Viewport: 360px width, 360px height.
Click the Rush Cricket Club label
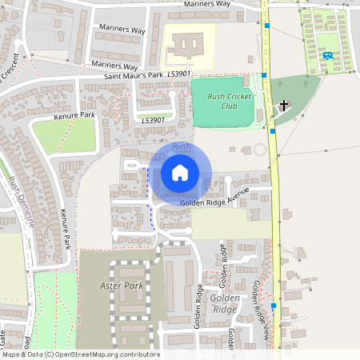point(229,101)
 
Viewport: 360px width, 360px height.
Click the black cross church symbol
point(283,105)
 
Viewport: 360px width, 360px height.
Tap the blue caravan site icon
point(328,55)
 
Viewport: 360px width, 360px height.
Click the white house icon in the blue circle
point(180,172)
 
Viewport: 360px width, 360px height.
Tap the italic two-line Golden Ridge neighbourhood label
point(225,303)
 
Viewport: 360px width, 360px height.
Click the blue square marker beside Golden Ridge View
point(273,305)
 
